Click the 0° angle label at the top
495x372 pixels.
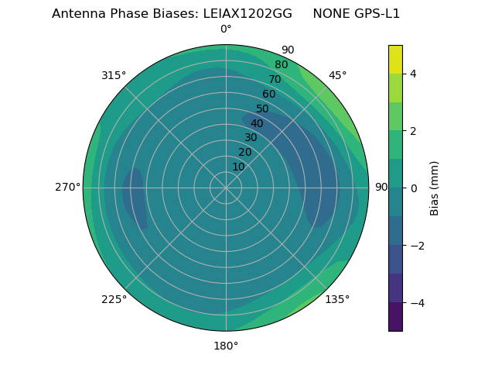point(226,29)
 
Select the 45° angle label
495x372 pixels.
point(337,75)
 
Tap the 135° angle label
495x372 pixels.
point(337,299)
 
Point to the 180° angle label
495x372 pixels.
point(226,346)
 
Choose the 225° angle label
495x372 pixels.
point(114,299)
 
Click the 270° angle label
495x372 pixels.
point(67,188)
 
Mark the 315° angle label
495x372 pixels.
point(114,75)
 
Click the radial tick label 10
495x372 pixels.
point(238,167)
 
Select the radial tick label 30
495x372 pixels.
point(251,138)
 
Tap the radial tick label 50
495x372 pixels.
point(262,109)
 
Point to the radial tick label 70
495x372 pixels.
point(275,80)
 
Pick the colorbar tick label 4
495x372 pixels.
point(413,74)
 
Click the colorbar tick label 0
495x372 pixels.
point(413,188)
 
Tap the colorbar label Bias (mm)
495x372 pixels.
point(435,188)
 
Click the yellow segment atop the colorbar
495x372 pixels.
point(395,60)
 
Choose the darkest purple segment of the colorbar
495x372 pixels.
point(395,317)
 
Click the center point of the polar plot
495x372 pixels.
point(226,188)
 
